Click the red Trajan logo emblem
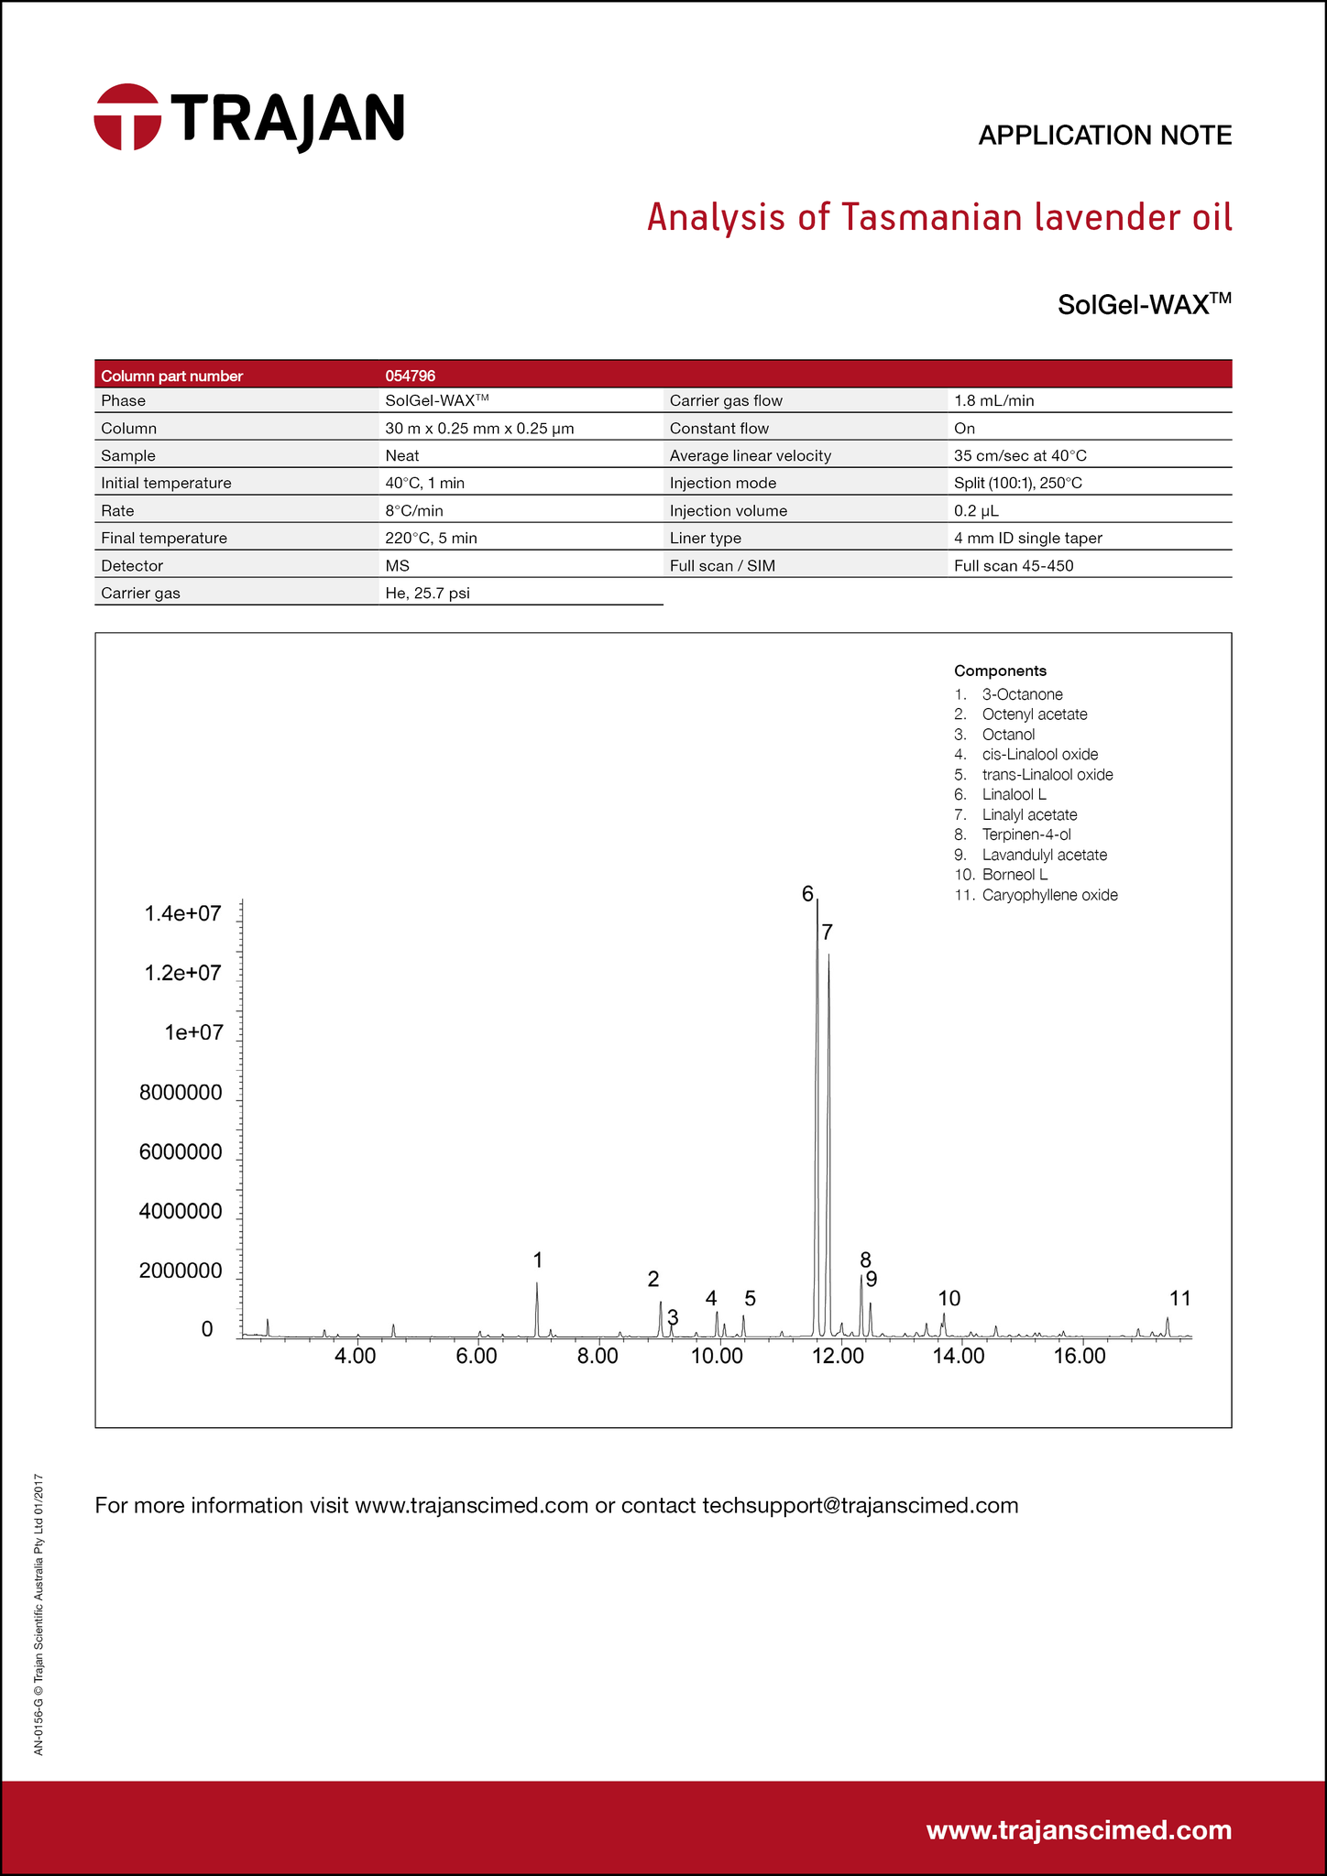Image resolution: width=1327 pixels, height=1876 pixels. (127, 117)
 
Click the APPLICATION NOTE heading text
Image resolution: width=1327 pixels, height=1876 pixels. (1104, 136)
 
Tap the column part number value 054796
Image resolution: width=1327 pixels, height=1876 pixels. (410, 376)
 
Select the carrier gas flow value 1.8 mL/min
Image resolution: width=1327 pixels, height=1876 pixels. (993, 400)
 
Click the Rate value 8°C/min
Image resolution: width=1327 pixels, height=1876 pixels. (414, 510)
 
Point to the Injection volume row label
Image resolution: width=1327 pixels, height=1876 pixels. (728, 510)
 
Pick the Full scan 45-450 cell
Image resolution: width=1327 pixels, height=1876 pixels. (1013, 565)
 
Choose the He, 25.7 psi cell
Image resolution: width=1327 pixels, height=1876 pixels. (427, 593)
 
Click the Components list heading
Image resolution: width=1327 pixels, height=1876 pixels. (1000, 671)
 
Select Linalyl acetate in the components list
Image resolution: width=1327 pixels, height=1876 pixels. (1029, 814)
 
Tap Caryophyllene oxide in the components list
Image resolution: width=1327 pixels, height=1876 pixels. (1049, 895)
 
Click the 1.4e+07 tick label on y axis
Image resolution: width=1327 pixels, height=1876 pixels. (182, 913)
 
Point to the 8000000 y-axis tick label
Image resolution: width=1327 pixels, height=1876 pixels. (181, 1092)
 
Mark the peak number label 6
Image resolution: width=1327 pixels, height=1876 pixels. (807, 894)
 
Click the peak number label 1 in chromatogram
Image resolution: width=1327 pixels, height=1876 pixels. (538, 1260)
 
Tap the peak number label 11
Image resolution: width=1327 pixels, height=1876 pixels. (1179, 1298)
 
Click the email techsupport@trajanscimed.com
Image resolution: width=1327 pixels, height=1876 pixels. (860, 1505)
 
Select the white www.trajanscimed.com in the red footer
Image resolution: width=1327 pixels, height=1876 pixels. (1079, 1829)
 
